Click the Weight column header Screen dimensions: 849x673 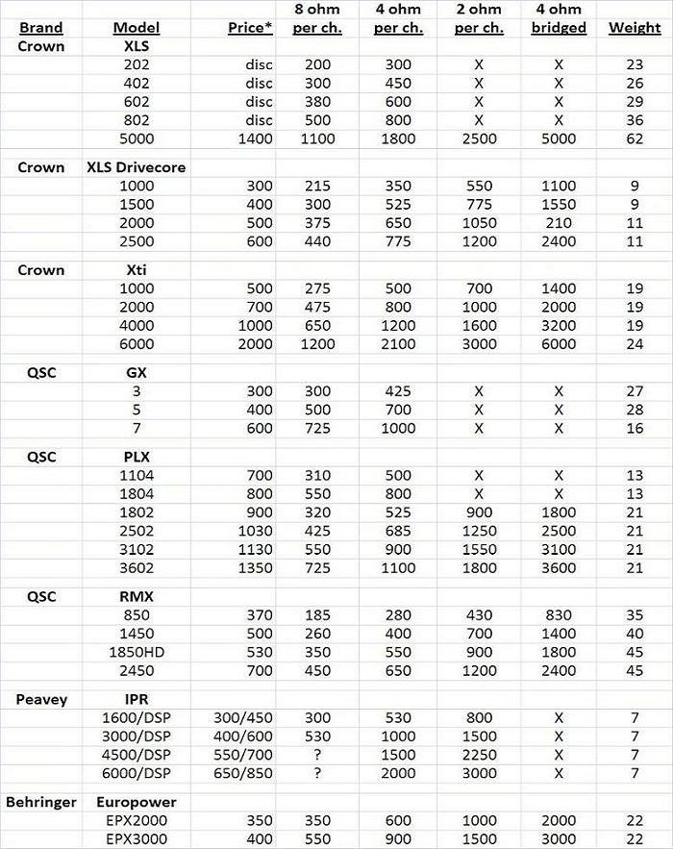tap(635, 28)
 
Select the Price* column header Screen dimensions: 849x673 tap(251, 28)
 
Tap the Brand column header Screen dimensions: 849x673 tap(41, 28)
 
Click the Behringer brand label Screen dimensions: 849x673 tap(41, 801)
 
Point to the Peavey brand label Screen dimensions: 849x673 tap(41, 699)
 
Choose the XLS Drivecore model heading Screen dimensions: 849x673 tap(137, 166)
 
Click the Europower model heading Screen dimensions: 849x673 tap(137, 801)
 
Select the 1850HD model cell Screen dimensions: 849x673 tap(137, 652)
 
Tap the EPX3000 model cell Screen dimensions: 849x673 tap(137, 837)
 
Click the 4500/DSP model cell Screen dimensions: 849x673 tap(137, 754)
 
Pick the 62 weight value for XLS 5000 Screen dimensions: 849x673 tap(635, 139)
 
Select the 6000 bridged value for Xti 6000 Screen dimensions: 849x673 tap(559, 344)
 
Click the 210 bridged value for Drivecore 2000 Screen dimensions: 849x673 tap(559, 223)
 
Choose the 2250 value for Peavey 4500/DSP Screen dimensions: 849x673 tap(478, 754)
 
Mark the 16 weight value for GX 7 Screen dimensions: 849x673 tap(635, 428)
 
